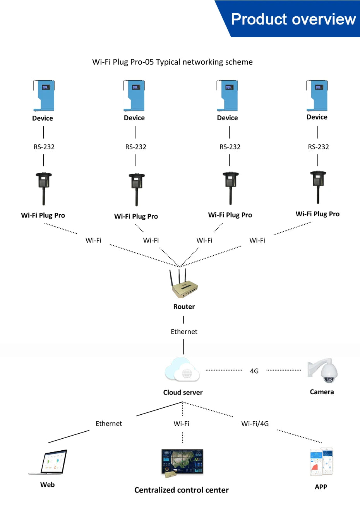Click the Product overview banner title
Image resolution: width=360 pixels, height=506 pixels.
click(x=293, y=19)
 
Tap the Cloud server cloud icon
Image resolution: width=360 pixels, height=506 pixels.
click(x=182, y=370)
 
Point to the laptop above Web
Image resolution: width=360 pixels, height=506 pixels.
click(x=49, y=462)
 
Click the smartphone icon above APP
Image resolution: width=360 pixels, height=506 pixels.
click(x=321, y=462)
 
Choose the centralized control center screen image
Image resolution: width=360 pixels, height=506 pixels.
click(x=182, y=463)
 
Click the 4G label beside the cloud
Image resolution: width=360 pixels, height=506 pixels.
click(x=254, y=371)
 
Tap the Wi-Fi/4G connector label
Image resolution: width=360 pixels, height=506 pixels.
click(x=255, y=424)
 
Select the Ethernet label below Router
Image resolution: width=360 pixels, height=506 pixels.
click(x=184, y=332)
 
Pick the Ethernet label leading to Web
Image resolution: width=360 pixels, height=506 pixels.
click(x=109, y=424)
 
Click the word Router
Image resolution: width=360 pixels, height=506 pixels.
click(x=184, y=307)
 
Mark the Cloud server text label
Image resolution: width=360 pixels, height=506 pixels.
click(x=183, y=392)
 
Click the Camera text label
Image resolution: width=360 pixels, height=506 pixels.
click(x=322, y=392)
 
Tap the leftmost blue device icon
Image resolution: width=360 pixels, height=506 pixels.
click(x=43, y=96)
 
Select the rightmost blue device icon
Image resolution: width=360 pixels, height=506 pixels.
click(x=317, y=95)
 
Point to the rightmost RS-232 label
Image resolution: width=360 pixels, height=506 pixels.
click(x=318, y=147)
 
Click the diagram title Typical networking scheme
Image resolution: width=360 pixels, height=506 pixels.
click(x=172, y=62)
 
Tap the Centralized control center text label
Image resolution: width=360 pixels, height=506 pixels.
click(x=181, y=490)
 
